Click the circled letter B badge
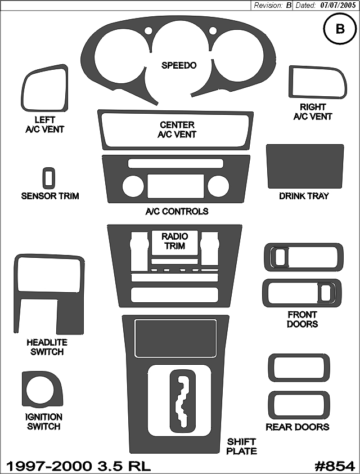(340, 29)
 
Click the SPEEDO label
(179, 65)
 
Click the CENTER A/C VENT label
(177, 129)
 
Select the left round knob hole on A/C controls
(133, 186)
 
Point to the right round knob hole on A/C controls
(218, 186)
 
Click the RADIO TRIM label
(174, 241)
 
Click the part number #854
(335, 466)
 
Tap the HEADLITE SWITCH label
(47, 347)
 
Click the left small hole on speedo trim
(148, 31)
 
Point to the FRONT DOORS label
(302, 319)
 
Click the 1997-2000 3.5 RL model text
(78, 466)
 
